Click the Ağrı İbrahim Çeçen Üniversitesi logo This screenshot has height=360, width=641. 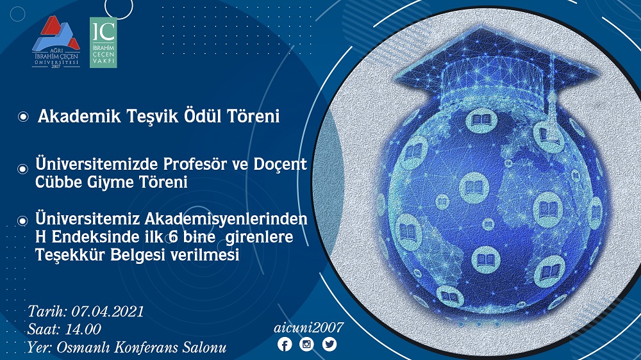[x=56, y=42]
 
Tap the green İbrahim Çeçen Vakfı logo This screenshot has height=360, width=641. [x=103, y=42]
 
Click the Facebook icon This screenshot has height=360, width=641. [x=285, y=344]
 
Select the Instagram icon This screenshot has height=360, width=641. [x=306, y=344]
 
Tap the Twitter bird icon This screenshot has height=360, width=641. [x=329, y=344]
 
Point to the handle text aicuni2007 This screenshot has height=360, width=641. [x=309, y=327]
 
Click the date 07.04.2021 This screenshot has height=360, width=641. [x=108, y=311]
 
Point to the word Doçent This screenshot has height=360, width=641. [x=280, y=164]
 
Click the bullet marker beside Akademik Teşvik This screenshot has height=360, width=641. [x=23, y=117]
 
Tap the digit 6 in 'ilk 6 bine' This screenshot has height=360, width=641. [x=174, y=237]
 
